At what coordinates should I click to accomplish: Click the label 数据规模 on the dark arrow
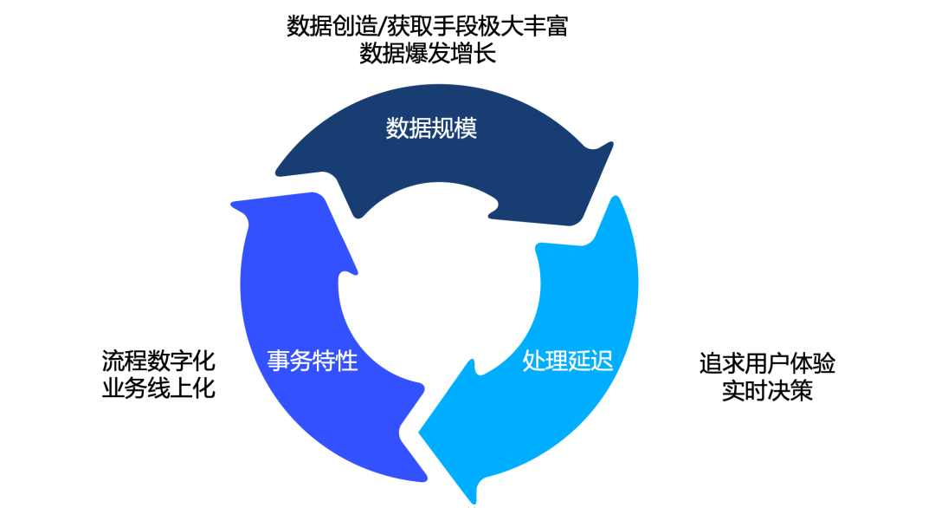pyautogui.click(x=431, y=129)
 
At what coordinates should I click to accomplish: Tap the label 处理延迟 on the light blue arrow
pyautogui.click(x=568, y=361)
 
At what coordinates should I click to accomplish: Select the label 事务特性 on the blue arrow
pyautogui.click(x=313, y=361)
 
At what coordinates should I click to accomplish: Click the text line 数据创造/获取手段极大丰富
pyautogui.click(x=427, y=26)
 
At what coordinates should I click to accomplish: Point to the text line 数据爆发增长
pyautogui.click(x=427, y=54)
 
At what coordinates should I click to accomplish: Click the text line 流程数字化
pyautogui.click(x=158, y=361)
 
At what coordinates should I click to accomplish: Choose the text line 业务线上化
pyautogui.click(x=158, y=389)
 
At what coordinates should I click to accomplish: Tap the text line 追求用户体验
pyautogui.click(x=767, y=362)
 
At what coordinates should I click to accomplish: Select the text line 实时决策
pyautogui.click(x=767, y=391)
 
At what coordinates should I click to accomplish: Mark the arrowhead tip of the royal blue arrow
pyautogui.click(x=232, y=205)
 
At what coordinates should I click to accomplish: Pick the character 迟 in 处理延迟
pyautogui.click(x=602, y=361)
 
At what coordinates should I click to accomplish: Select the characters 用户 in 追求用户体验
pyautogui.click(x=767, y=362)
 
